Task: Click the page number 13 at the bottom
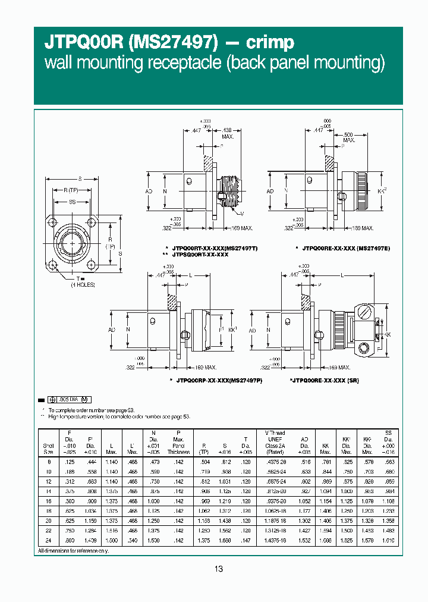coord(218,569)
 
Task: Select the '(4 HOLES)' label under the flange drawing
coord(83,285)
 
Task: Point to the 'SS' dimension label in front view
coord(72,203)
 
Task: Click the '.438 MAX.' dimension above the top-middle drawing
coord(228,133)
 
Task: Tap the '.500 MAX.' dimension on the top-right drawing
coord(348,137)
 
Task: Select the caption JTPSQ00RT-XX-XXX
coord(200,254)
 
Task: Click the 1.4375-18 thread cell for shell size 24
coord(275,540)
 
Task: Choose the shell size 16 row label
coord(49,502)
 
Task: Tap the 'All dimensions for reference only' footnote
coord(73,551)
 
